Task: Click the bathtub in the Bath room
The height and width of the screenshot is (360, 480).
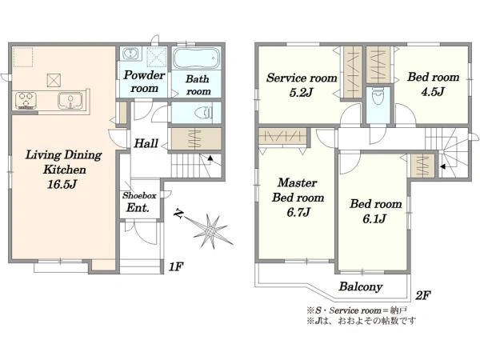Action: pos(197,58)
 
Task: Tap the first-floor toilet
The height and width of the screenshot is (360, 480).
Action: pos(204,113)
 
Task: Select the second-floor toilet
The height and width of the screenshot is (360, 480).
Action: pos(378,98)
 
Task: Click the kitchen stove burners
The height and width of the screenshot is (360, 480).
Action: pos(26,100)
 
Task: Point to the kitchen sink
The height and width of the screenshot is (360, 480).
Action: pos(70,101)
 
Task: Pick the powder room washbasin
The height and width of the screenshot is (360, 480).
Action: pos(132,54)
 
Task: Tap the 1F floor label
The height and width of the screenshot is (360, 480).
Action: pos(176,267)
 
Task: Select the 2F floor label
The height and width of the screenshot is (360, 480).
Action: pos(422,295)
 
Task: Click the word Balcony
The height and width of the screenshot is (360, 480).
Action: pos(361,286)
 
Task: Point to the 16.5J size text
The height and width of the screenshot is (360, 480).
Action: pos(62,184)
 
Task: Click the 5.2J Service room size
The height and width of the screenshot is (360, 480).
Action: pos(301,93)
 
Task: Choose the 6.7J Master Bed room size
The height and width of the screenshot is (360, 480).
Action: pos(298,212)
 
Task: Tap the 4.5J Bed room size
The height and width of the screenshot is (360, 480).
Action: pos(433,91)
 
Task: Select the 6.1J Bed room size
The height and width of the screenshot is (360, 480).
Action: pos(374,218)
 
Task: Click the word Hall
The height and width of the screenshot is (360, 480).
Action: pos(146,143)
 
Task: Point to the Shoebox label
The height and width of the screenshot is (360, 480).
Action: pos(139,195)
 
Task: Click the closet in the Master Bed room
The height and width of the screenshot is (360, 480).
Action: pos(282,136)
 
